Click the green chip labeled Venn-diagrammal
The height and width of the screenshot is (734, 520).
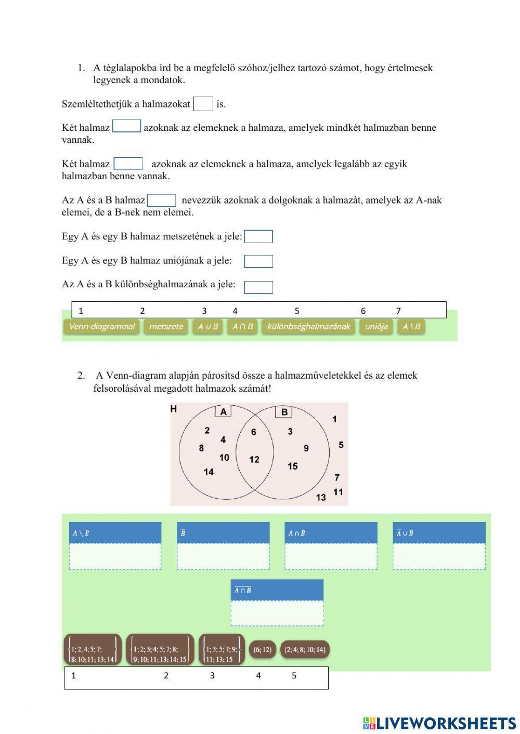pyautogui.click(x=101, y=327)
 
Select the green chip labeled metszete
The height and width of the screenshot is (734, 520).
pyautogui.click(x=166, y=327)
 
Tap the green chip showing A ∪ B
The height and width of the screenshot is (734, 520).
pyautogui.click(x=207, y=327)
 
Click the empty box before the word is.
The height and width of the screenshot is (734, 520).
pyautogui.click(x=203, y=104)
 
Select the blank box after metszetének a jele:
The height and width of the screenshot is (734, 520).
pyautogui.click(x=258, y=237)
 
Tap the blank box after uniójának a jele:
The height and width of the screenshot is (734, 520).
pyautogui.click(x=258, y=261)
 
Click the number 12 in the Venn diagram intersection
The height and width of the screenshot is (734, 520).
pyautogui.click(x=254, y=460)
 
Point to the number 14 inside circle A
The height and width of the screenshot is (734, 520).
pyautogui.click(x=209, y=472)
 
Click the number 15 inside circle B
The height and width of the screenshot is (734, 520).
pyautogui.click(x=293, y=466)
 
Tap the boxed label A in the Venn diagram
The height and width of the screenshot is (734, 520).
pyautogui.click(x=223, y=412)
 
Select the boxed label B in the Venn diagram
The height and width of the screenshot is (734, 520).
pyautogui.click(x=284, y=412)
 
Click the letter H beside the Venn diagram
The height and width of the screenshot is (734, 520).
pyautogui.click(x=174, y=409)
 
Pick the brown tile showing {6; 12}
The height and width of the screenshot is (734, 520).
pyautogui.click(x=262, y=649)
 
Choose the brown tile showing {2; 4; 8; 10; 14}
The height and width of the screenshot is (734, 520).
pyautogui.click(x=305, y=649)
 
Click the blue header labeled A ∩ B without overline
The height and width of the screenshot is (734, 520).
pyautogui.click(x=331, y=533)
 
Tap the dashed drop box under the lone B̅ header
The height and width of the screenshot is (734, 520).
pyautogui.click(x=223, y=556)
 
